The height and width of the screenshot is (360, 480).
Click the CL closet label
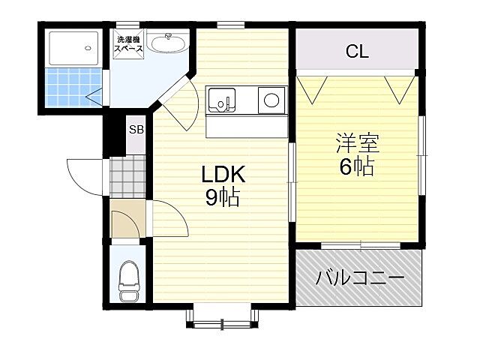point(356,52)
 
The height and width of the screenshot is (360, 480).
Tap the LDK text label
point(223,175)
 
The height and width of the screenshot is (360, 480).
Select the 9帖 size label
point(223,198)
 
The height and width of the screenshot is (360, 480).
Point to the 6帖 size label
point(356,166)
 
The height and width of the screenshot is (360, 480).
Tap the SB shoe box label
point(136,129)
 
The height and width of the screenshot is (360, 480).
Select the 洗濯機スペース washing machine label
point(127,44)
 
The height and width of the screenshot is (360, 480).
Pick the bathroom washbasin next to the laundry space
point(166,44)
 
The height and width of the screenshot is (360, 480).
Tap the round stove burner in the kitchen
point(271,98)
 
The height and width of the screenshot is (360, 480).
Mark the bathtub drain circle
point(88,47)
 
